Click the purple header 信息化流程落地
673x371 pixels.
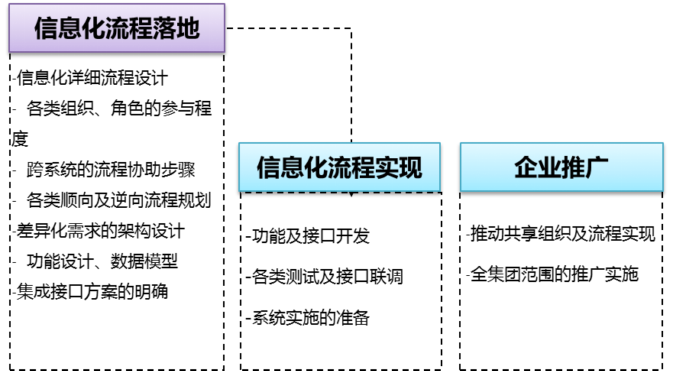(x=117, y=28)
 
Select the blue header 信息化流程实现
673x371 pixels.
(x=339, y=167)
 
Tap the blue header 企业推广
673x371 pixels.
(x=561, y=167)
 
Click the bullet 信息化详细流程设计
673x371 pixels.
(x=92, y=78)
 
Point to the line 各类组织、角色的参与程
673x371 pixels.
(x=119, y=109)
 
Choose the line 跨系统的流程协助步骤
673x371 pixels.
(x=111, y=170)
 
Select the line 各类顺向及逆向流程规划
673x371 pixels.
(x=119, y=200)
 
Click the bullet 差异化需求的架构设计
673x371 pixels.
(x=100, y=231)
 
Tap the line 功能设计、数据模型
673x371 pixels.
(x=102, y=261)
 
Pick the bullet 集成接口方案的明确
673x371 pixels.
(x=92, y=291)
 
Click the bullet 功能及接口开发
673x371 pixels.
(x=311, y=236)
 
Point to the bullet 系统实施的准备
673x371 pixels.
(x=311, y=318)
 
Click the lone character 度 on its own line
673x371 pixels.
(x=20, y=139)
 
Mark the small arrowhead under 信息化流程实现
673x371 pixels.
(x=351, y=194)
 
